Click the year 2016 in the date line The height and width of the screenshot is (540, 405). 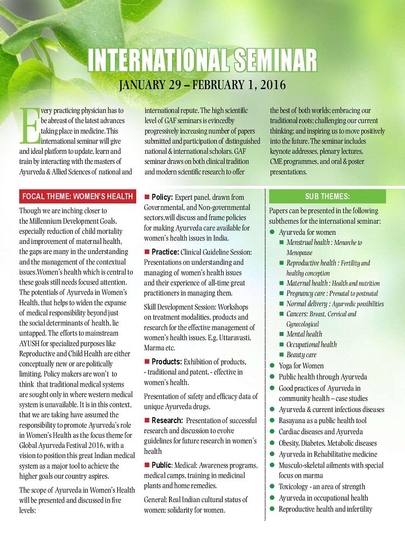pyautogui.click(x=271, y=84)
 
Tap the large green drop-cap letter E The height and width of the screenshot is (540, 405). pyautogui.click(x=25, y=124)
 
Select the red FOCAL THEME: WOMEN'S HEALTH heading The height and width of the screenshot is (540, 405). pyautogui.click(x=77, y=196)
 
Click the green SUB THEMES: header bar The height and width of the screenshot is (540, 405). pyautogui.click(x=327, y=196)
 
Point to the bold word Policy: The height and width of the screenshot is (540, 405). pyautogui.click(x=163, y=197)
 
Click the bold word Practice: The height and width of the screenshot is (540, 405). pyautogui.click(x=166, y=252)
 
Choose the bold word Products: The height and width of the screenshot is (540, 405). pyautogui.click(x=168, y=361)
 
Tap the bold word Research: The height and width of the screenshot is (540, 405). pyautogui.click(x=168, y=421)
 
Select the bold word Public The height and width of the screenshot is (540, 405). pyautogui.click(x=161, y=465)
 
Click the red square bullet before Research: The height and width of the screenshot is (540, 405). pyautogui.click(x=147, y=421)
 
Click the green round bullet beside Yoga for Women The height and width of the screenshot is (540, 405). pyautogui.click(x=272, y=366)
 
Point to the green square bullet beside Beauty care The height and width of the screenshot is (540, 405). pyautogui.click(x=281, y=355)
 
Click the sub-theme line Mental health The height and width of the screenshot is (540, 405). pyautogui.click(x=304, y=334)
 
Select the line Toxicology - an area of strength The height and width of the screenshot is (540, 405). pyautogui.click(x=321, y=486)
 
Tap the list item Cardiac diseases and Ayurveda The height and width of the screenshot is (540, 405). pyautogui.click(x=320, y=432)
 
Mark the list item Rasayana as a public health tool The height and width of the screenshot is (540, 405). pyautogui.click(x=322, y=421)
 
